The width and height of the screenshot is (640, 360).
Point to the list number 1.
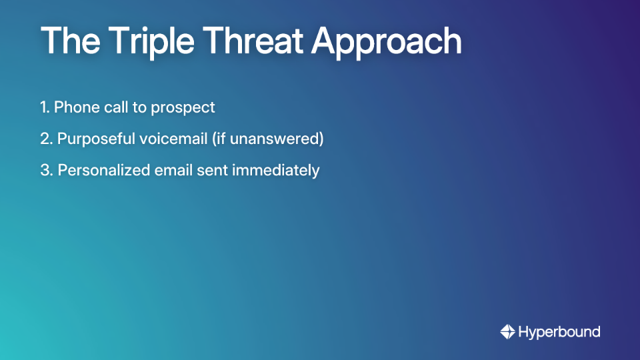(43, 107)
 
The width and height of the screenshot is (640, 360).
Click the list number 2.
(45, 139)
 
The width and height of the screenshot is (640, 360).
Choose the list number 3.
(45, 170)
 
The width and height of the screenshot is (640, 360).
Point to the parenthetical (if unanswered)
(272, 139)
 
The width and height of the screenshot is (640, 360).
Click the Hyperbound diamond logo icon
(507, 331)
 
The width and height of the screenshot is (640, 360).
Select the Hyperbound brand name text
(559, 332)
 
